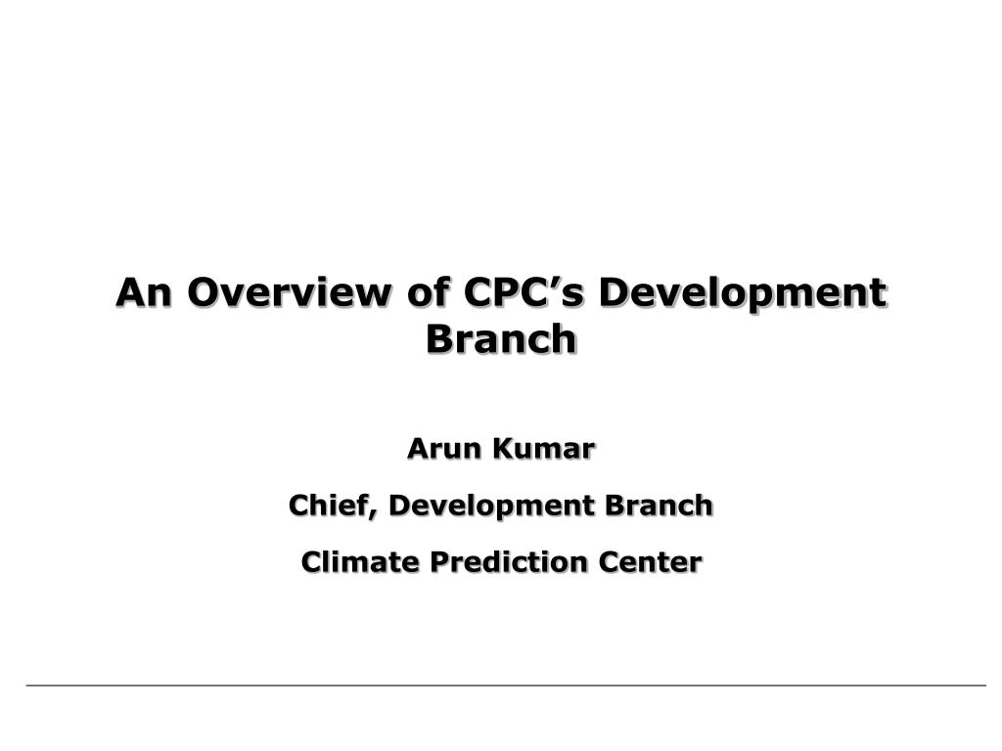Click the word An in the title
144,291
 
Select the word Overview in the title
289,291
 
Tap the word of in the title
427,291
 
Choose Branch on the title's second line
501,337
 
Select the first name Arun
443,448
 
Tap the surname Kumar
543,448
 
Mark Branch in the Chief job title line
659,505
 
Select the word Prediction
508,562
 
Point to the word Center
650,562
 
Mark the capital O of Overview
204,291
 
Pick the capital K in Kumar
503,448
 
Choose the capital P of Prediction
438,562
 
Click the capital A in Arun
418,448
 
